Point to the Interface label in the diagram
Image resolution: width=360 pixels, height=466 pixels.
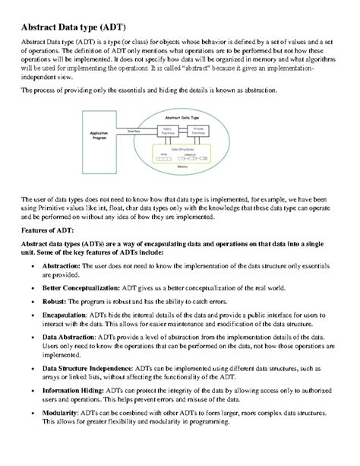coord(134,131)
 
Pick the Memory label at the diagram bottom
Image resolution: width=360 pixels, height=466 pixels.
coord(182,166)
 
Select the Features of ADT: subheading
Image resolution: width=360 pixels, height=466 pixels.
coord(48,229)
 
